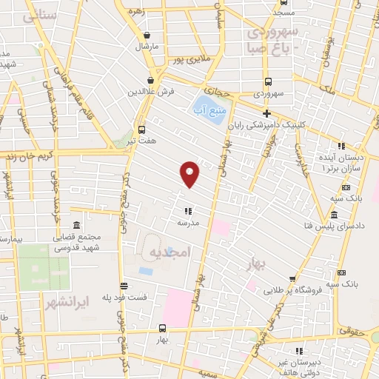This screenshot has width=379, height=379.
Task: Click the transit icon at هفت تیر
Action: tap(141, 128)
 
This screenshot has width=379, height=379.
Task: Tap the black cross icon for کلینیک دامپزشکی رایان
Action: tap(266, 113)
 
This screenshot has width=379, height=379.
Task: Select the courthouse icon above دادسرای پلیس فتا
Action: tap(334, 214)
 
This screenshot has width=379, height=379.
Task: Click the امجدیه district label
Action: tap(170, 252)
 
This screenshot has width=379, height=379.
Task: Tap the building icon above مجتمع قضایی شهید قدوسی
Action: tap(76, 225)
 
